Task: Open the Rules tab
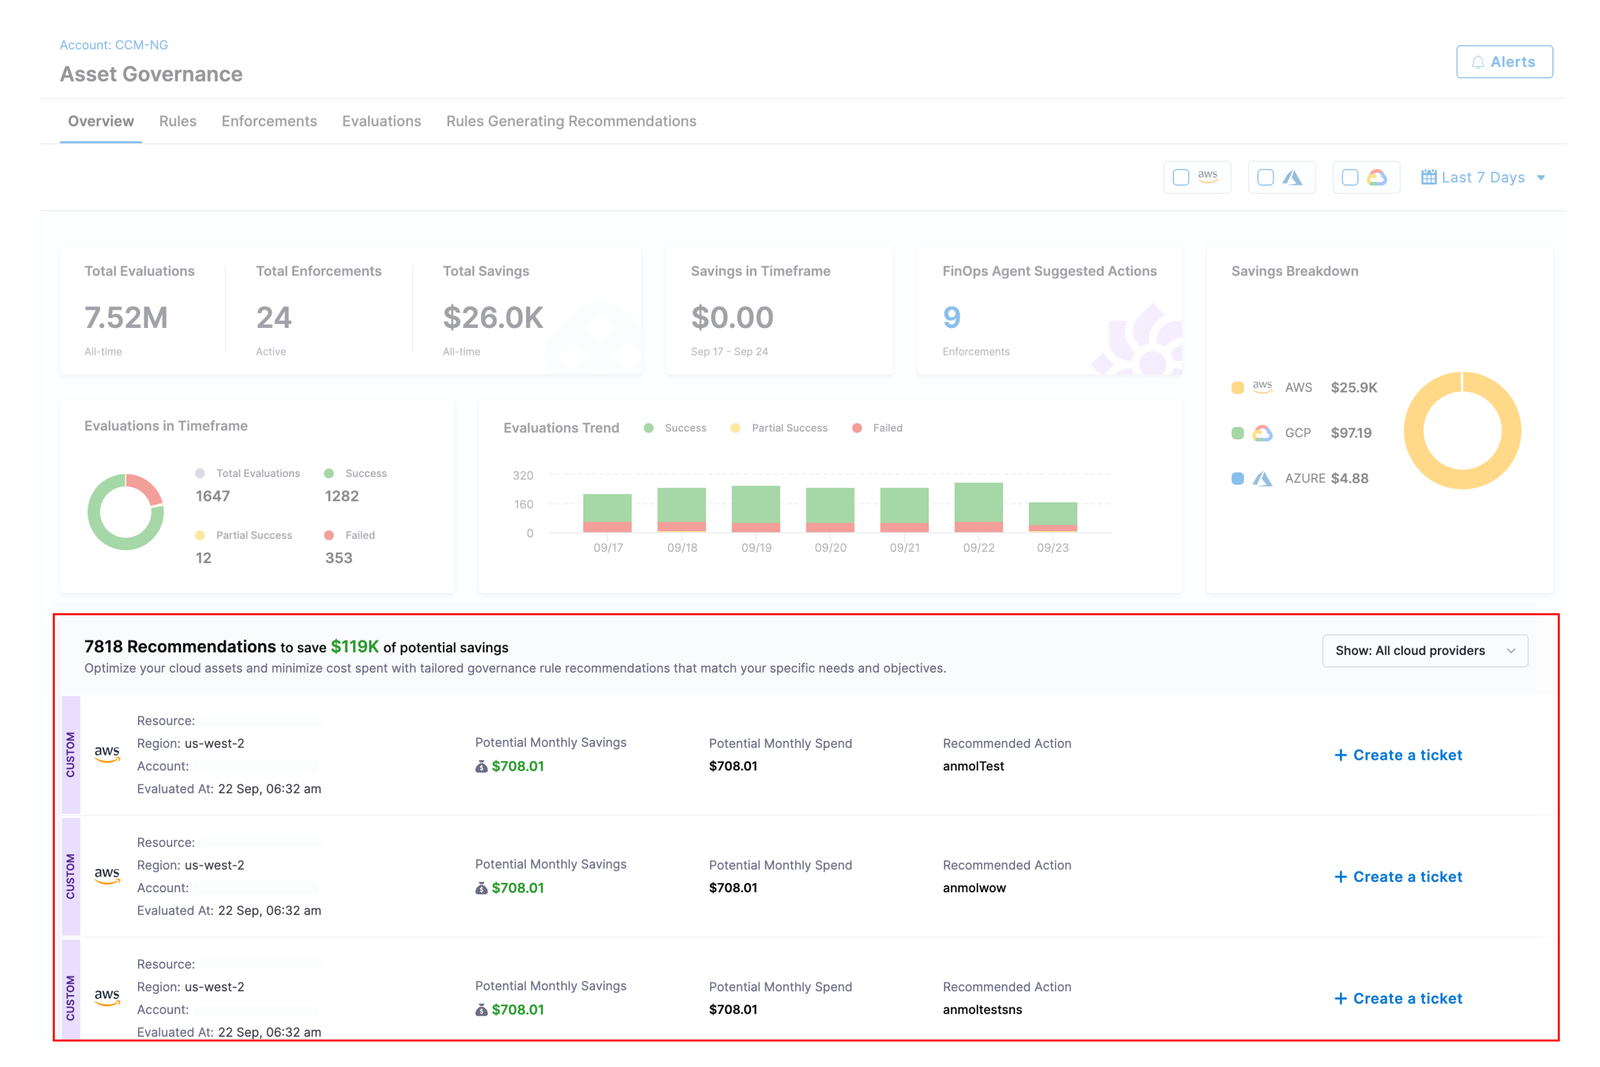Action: pos(178,121)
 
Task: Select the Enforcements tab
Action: pos(269,121)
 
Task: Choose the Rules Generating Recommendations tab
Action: pos(571,121)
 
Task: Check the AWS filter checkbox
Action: pos(1181,178)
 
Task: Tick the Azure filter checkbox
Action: pos(1265,178)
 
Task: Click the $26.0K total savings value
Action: pos(493,318)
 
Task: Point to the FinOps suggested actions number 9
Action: pos(952,318)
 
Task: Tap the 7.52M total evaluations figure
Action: pos(126,318)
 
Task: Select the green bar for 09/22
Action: pos(978,502)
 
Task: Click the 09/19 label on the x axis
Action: pos(756,548)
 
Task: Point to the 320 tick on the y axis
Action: pos(522,475)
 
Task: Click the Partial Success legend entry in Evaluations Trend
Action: pos(788,428)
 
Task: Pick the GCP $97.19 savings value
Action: pos(1351,433)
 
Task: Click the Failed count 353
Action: pos(338,558)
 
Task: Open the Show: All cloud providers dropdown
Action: pos(1424,651)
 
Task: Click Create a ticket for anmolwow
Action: pos(1398,877)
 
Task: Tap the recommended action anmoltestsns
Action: pos(981,1010)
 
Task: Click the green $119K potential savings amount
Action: pos(355,646)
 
